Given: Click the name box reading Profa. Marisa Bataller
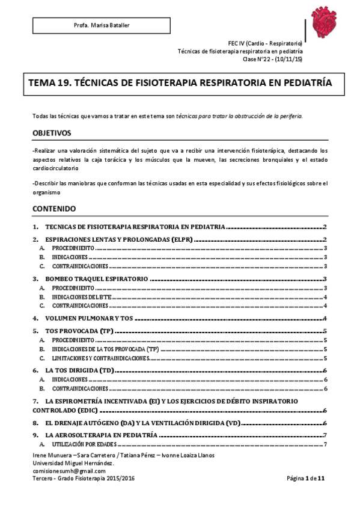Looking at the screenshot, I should tap(101, 25).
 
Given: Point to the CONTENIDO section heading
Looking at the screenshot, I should tap(54, 209).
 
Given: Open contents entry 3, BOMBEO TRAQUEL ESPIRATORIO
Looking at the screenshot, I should tap(97, 278).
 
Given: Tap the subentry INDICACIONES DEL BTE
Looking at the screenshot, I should tap(81, 296).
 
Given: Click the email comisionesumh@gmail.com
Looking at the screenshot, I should tap(69, 471).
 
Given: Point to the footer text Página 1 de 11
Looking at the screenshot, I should tap(306, 478).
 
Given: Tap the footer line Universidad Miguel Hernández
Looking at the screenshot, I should tap(73, 464).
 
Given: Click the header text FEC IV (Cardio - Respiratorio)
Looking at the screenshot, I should tap(265, 45).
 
